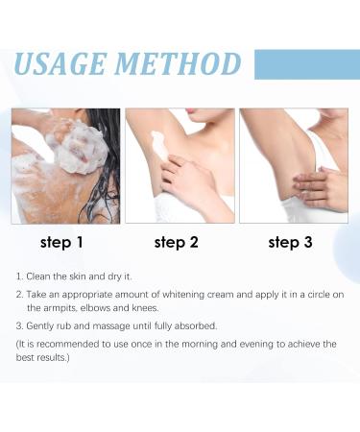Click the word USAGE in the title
[60, 63]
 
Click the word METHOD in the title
[178, 63]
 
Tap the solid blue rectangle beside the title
[307, 64]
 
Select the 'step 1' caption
[61, 242]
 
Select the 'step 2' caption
[176, 242]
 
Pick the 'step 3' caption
[290, 242]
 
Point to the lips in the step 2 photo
[192, 110]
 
